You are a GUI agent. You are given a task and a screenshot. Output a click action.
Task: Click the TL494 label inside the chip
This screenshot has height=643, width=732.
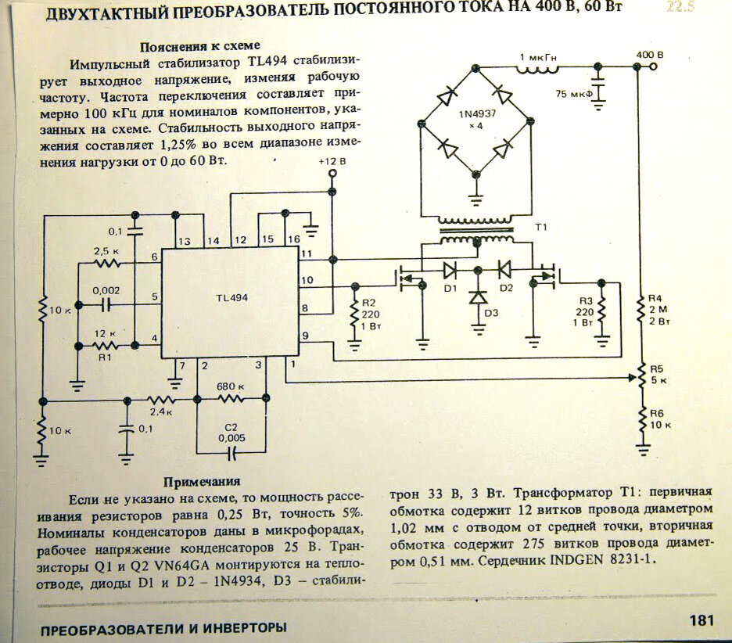pos(231,298)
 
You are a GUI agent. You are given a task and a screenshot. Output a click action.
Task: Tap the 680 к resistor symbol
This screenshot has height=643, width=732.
pos(231,399)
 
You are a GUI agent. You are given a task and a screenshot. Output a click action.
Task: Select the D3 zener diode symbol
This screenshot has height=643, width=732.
pos(478,297)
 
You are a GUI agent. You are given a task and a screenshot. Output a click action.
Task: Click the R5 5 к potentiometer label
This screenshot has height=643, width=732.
pos(658,375)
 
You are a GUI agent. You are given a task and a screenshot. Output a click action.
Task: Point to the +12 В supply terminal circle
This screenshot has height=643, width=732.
pos(332,174)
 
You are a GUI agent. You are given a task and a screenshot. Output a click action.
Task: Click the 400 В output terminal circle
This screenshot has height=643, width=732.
pos(653,66)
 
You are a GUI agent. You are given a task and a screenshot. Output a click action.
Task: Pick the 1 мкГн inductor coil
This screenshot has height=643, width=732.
pos(536,70)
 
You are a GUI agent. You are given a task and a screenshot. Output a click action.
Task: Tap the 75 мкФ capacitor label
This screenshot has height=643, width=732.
pos(574,94)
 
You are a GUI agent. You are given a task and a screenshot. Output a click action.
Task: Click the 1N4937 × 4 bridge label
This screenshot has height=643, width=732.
pos(476,120)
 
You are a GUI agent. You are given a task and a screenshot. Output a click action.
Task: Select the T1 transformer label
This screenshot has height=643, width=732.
pos(540,228)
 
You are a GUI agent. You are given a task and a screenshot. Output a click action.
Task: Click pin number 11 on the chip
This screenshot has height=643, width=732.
pos(307,253)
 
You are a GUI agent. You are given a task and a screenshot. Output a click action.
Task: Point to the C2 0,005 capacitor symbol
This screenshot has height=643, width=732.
pos(231,452)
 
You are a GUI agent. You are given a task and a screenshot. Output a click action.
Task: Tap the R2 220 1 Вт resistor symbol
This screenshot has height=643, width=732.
pos(355,312)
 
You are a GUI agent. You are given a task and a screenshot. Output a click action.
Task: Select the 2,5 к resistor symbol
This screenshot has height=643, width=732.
pos(108,264)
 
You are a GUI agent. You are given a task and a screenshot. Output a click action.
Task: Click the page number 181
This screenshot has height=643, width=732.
pos(701,620)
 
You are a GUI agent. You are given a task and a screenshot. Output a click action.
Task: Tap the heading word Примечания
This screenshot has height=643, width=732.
pos(202,481)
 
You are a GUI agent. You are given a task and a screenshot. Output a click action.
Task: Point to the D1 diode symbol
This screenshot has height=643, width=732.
pos(450,269)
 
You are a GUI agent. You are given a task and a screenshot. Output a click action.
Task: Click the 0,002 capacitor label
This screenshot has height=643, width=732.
pos(106,290)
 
